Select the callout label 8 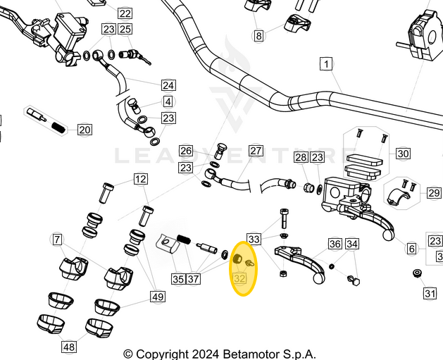(258, 35)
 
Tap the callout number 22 (125, 13)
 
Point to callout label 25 (125, 30)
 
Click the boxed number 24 (168, 85)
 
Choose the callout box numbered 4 (168, 102)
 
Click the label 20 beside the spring (85, 130)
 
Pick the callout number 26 (186, 151)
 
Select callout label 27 (256, 151)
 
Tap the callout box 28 (301, 157)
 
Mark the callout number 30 (403, 153)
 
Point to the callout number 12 (141, 179)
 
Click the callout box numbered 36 (335, 244)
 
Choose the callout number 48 (69, 347)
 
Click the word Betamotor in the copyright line (242, 354)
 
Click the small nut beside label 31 (417, 273)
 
